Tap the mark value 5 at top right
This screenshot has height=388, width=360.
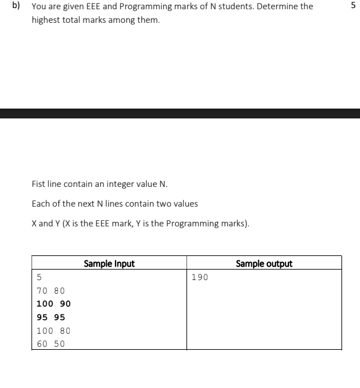353,6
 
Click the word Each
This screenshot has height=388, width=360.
40,204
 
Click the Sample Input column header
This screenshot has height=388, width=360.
109,264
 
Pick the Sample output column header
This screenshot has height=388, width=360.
264,264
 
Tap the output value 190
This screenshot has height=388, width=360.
200,277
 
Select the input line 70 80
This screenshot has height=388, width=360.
51,291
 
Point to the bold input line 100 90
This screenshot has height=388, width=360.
54,303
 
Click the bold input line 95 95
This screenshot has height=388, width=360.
51,317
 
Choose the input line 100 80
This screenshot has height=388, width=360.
54,331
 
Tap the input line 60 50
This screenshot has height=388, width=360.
51,344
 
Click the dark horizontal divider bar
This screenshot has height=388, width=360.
180,114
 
